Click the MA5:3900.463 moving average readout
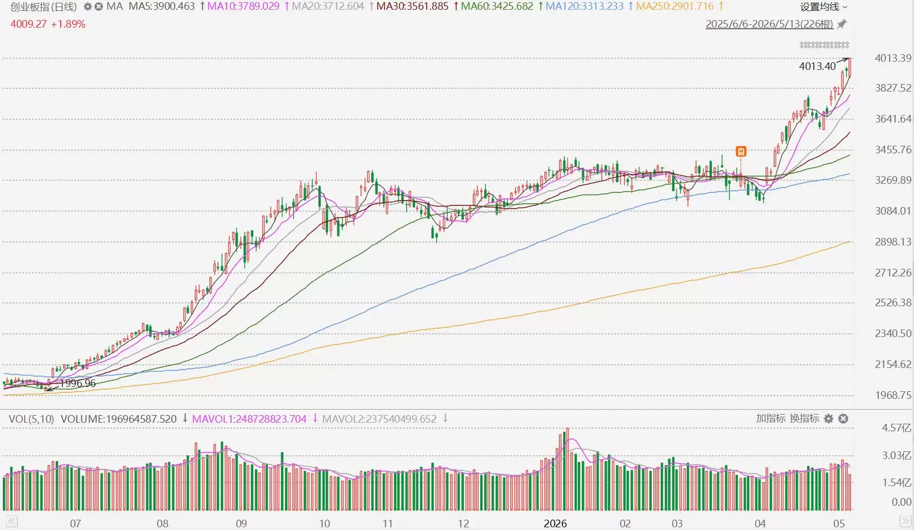tap(162, 7)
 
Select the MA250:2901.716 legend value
tap(675, 7)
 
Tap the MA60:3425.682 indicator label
tap(497, 7)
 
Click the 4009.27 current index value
tap(29, 24)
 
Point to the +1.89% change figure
tap(68, 24)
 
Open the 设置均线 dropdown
tap(822, 7)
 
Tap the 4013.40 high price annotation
tap(818, 66)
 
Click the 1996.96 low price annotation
tap(78, 383)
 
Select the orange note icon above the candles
tap(741, 152)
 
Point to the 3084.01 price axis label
tap(893, 211)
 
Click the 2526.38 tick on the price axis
tap(893, 302)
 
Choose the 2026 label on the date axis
tap(555, 523)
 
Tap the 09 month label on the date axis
tap(241, 523)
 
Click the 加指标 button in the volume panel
tap(770, 418)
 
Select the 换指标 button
tap(804, 418)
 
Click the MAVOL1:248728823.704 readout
tap(249, 419)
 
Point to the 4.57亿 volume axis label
tap(896, 428)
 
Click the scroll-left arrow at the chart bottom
tap(11, 521)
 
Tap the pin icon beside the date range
tap(841, 24)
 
